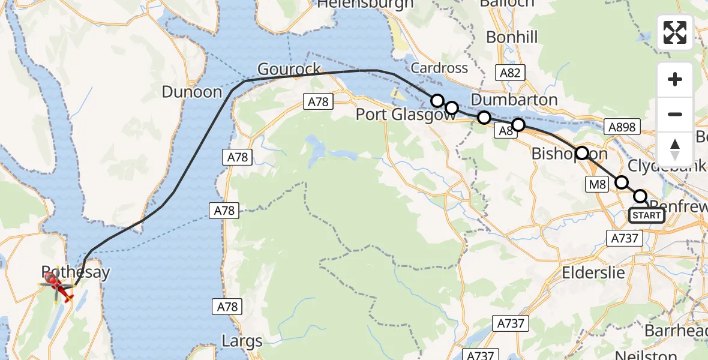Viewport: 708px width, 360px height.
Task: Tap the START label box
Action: pos(646,215)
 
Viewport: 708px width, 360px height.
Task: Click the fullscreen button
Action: pos(675,32)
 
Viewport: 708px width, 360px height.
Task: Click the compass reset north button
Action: pos(675,149)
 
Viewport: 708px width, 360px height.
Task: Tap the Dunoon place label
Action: pos(192,92)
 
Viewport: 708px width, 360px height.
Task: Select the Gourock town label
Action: pos(289,69)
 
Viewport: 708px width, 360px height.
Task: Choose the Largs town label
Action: pos(242,342)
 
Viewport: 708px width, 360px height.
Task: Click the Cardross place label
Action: pos(439,68)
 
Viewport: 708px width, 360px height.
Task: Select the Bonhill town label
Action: pos(512,37)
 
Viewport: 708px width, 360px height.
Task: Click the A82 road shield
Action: pos(511,73)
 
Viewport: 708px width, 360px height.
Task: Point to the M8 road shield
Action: pos(597,184)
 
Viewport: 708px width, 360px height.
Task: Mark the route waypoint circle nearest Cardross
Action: pos(437,100)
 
